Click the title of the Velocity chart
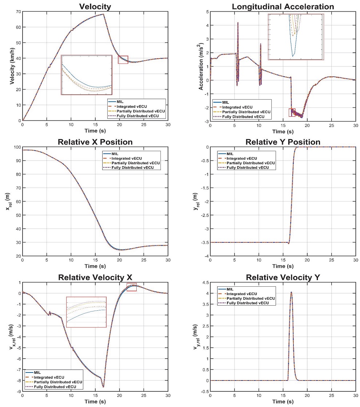point(95,7)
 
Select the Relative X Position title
point(95,142)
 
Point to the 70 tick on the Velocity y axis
point(18,12)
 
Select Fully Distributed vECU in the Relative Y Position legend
point(248,168)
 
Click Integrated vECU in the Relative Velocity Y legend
point(242,294)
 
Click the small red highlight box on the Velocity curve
point(123,60)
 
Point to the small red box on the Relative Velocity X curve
point(131,287)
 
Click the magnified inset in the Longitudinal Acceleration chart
point(295,37)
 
